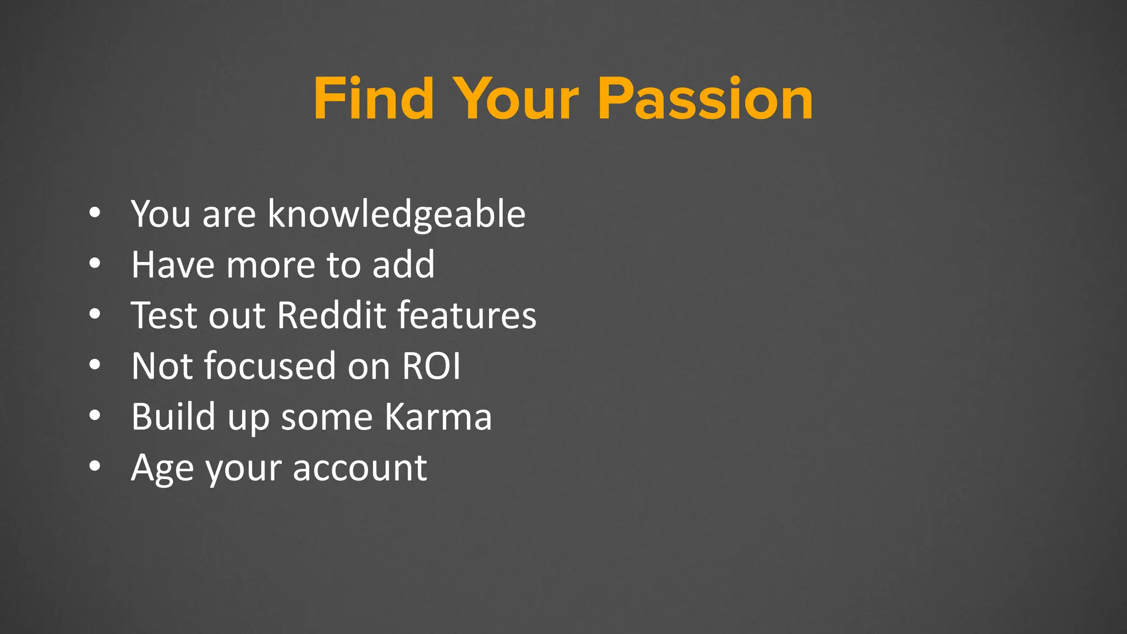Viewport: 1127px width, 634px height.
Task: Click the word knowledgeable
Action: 396,214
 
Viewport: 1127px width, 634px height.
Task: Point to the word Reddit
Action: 332,315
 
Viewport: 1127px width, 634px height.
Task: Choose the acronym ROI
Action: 431,366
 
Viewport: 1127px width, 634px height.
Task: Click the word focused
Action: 270,366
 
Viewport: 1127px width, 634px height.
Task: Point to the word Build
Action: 173,417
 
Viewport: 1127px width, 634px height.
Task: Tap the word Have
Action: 173,265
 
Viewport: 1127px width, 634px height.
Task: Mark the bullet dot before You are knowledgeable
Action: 95,213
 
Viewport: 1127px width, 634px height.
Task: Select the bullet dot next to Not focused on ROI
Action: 95,365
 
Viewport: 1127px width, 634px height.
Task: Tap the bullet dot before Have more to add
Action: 95,264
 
